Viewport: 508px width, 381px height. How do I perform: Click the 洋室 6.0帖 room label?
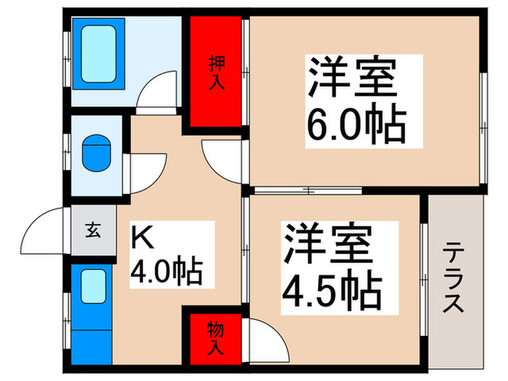pyautogui.click(x=355, y=101)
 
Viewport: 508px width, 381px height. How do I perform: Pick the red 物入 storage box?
pyautogui.click(x=216, y=338)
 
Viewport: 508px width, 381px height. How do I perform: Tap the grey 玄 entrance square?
pyautogui.click(x=93, y=232)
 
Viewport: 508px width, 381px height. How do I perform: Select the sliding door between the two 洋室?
pyautogui.click(x=308, y=192)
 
